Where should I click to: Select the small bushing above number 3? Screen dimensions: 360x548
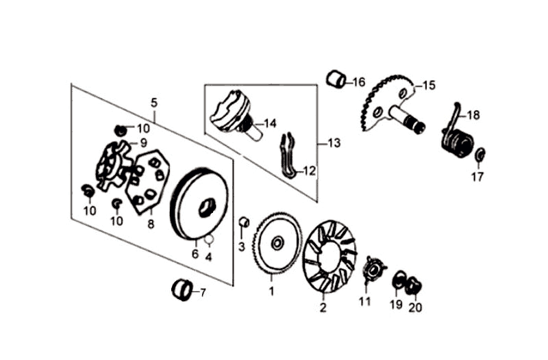[x=242, y=222]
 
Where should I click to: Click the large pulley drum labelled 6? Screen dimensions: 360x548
[x=201, y=205]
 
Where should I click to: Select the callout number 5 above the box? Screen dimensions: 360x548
[x=154, y=103]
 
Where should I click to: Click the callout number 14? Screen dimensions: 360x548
[x=270, y=124]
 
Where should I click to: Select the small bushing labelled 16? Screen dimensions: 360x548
[x=336, y=79]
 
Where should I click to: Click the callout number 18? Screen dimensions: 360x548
[x=473, y=115]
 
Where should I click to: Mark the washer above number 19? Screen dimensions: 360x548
[x=399, y=279]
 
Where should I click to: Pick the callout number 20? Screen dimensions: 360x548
[x=415, y=307]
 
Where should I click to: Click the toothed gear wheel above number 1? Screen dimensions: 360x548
[x=277, y=244]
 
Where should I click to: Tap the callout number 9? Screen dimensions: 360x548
[x=143, y=143]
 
